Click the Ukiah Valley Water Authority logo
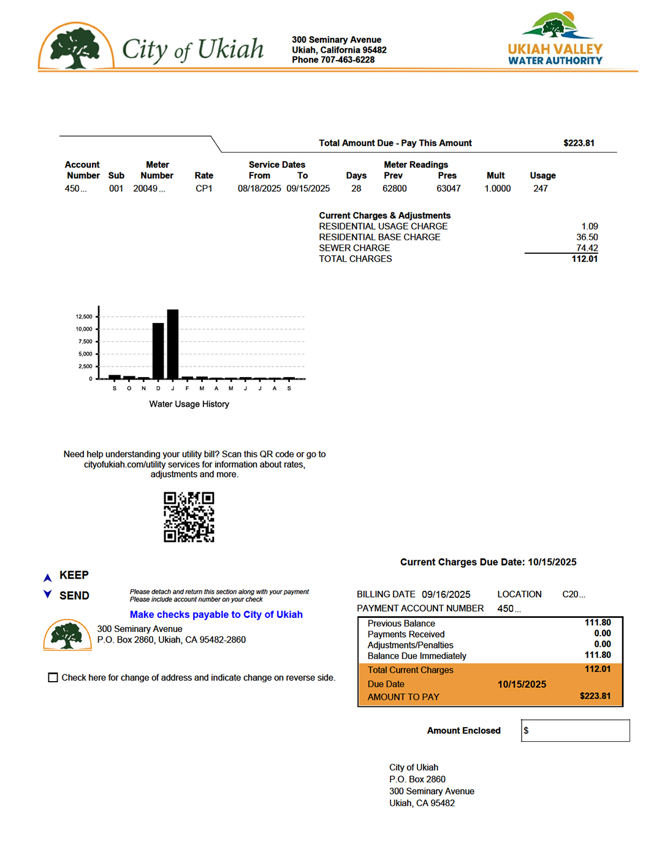point(555,39)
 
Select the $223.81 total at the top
point(579,143)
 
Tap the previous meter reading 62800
point(394,189)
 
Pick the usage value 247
point(540,189)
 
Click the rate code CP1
point(204,189)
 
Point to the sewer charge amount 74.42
point(587,248)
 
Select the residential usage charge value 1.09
point(589,227)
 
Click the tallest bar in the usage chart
point(173,344)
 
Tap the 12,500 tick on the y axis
point(84,317)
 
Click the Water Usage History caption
point(189,405)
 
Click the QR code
point(189,517)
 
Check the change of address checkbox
point(53,677)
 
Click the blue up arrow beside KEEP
point(47,577)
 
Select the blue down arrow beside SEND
point(47,594)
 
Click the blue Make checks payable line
point(216,615)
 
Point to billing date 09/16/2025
point(446,595)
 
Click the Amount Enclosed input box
point(575,731)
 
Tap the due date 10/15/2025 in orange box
point(522,685)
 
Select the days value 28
point(356,189)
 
